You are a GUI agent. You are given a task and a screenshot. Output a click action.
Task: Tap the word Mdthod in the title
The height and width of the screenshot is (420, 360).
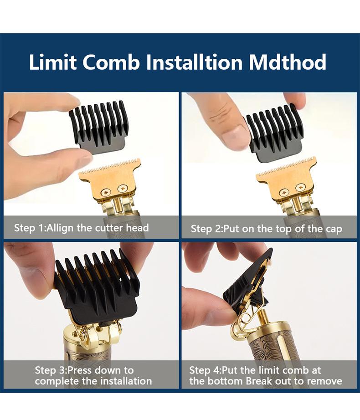coord(288,62)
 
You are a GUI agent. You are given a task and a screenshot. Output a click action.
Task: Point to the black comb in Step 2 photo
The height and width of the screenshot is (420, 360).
coord(275,133)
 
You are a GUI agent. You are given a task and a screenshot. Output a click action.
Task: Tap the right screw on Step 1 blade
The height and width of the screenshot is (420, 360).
coord(123,189)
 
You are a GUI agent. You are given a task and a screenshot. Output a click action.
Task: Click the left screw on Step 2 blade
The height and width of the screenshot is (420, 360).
coord(283,192)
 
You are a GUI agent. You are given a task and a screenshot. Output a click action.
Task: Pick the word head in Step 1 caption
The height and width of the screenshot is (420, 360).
coord(137,228)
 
